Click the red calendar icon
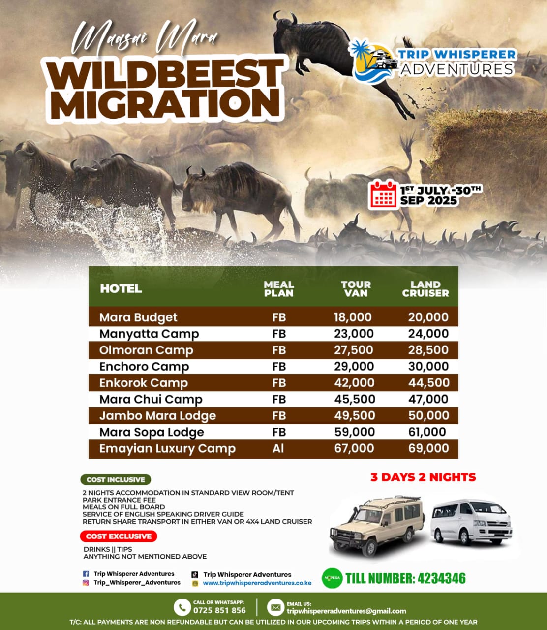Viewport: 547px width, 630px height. pos(383,194)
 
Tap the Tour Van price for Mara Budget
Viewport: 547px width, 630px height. pos(353,317)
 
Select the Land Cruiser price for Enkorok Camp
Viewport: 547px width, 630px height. pos(429,383)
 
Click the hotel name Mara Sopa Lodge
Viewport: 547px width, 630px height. pos(152,432)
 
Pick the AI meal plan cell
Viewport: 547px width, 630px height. pos(278,449)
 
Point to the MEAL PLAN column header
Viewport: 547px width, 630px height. pos(279,289)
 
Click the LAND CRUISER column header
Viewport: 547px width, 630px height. pos(425,289)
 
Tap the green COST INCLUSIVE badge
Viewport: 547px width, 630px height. pos(116,480)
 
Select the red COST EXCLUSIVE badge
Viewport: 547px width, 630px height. pos(119,536)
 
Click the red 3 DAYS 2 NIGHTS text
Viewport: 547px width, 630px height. pos(423,477)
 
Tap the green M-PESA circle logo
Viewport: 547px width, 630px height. pos(332,578)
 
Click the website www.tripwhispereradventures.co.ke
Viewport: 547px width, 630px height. pos(257,583)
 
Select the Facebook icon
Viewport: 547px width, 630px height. pos(86,574)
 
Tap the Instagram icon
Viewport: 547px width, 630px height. pos(86,583)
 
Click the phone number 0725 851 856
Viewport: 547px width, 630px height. pos(219,610)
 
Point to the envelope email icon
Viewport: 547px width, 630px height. pos(275,607)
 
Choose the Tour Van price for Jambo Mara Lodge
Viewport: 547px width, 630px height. pos(355,416)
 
